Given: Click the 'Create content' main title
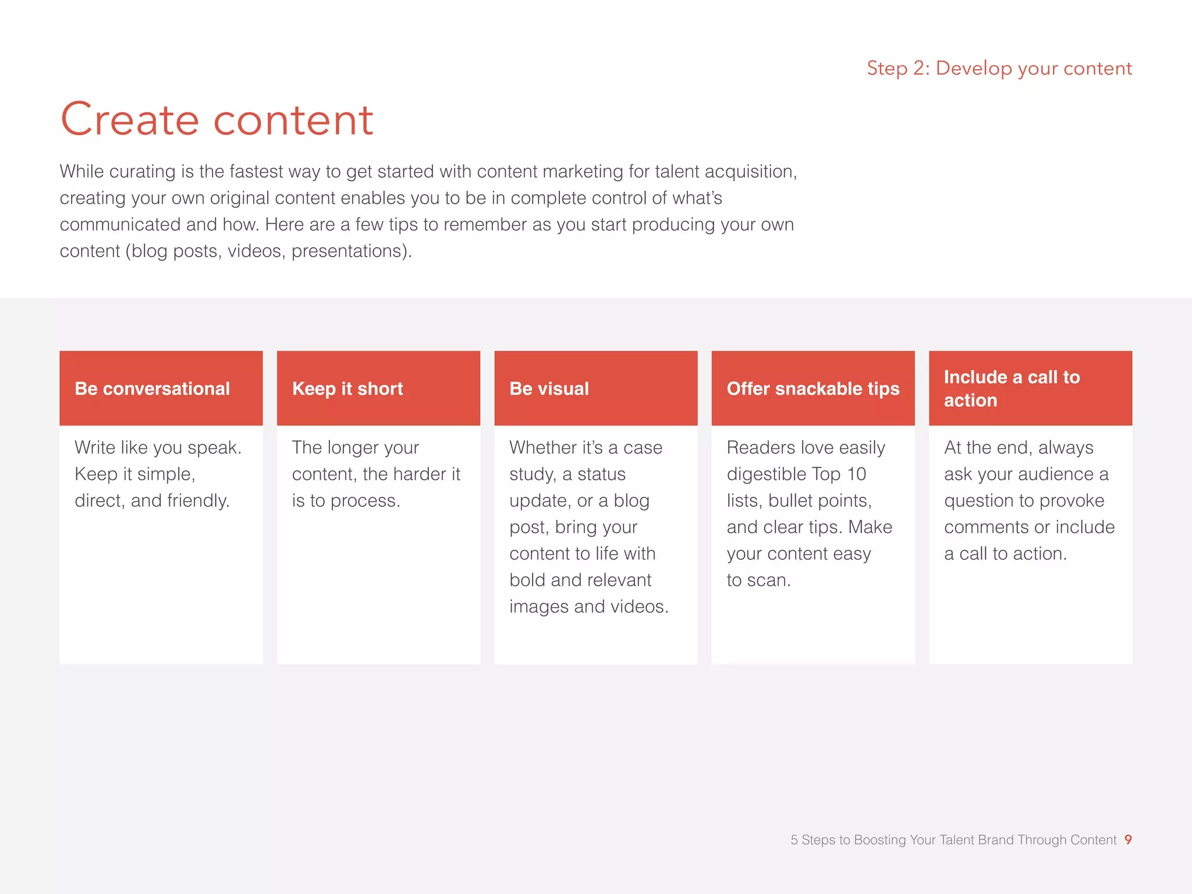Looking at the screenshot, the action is [217, 120].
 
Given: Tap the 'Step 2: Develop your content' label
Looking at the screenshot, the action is [999, 69].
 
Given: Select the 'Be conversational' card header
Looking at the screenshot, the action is [152, 389].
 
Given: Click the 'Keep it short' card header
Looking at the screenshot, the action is [347, 389].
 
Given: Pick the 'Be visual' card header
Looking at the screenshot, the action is [549, 389].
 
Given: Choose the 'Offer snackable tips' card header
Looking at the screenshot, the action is [813, 389].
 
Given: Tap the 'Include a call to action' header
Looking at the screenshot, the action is [1012, 388].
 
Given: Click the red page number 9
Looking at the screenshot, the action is [1128, 839].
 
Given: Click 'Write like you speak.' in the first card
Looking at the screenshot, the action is [158, 448].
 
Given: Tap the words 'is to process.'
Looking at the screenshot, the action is [346, 501].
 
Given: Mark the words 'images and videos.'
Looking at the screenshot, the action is [588, 606].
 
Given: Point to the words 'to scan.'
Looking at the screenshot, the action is [758, 580].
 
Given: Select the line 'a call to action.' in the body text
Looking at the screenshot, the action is [1005, 554].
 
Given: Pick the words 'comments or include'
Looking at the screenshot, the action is [1029, 527].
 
